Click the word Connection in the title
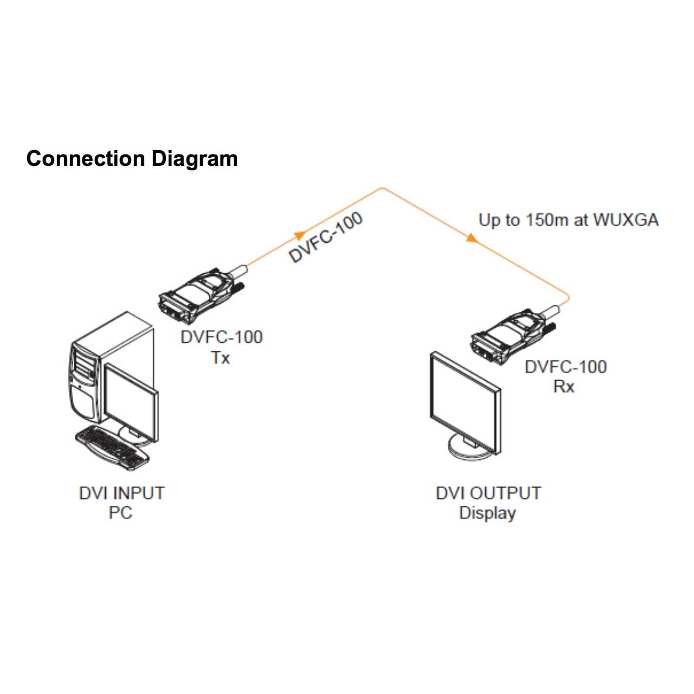[86, 159]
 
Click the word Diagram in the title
[194, 159]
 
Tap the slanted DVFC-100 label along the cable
[325, 237]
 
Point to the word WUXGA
[626, 220]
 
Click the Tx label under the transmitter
[221, 358]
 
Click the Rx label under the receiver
[564, 387]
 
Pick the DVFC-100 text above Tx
[221, 337]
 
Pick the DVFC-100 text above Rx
[566, 367]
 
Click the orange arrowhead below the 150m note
[472, 237]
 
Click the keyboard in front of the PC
[112, 447]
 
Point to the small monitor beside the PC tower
[130, 401]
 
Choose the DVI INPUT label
[121, 493]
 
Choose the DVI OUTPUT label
[488, 493]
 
